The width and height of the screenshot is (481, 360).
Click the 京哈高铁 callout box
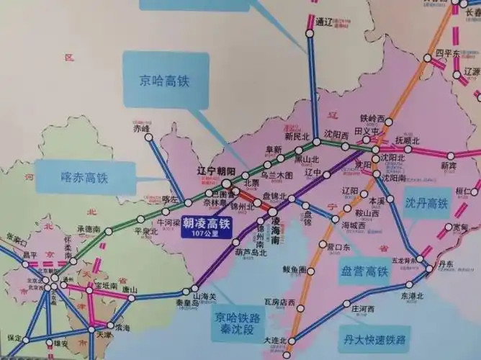click(x=164, y=80)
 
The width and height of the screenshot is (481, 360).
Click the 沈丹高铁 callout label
click(x=426, y=204)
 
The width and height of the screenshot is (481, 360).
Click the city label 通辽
click(x=326, y=22)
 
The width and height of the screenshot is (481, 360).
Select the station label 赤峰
click(x=142, y=127)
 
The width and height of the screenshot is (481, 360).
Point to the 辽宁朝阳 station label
click(x=216, y=171)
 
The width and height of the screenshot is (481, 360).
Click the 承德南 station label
click(x=88, y=228)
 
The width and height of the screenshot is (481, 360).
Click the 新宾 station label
click(x=449, y=165)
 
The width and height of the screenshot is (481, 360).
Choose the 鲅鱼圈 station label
click(x=295, y=269)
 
